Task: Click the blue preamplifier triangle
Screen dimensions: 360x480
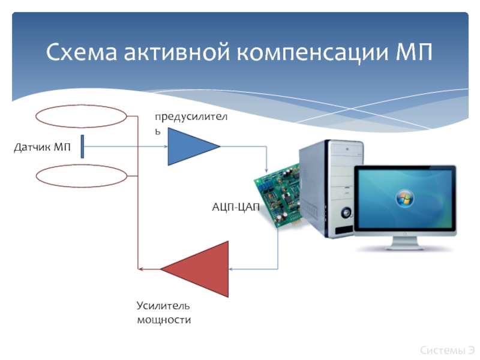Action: [x=191, y=146]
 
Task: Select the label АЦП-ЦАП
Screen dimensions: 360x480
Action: [x=236, y=208]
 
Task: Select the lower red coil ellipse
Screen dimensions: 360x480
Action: [x=82, y=177]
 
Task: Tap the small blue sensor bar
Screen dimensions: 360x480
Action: [x=82, y=147]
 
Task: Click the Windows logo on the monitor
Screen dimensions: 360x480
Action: [x=404, y=199]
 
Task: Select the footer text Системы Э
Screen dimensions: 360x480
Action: [x=447, y=349]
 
